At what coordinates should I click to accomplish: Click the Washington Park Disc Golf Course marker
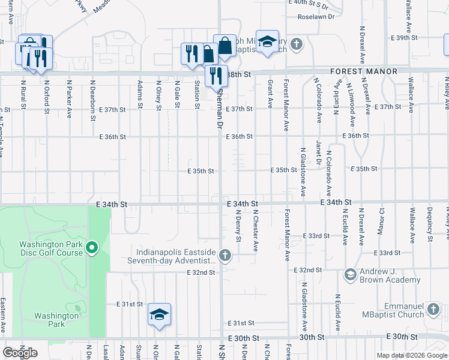[x=92, y=247]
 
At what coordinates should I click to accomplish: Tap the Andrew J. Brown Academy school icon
[x=351, y=274]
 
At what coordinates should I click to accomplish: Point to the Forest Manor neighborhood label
[x=364, y=71]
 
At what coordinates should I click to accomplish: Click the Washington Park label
[x=49, y=320]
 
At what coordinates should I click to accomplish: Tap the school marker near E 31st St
[x=160, y=315]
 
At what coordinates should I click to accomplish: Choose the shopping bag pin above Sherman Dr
[x=224, y=46]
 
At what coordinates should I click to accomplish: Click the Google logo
[x=20, y=353]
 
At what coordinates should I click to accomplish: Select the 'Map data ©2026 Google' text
[x=412, y=355]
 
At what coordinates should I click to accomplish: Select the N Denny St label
[x=238, y=226]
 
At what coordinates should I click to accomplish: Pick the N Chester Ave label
[x=256, y=230]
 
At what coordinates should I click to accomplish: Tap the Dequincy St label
[x=430, y=224]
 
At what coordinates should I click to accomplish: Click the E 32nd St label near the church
[x=200, y=272]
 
